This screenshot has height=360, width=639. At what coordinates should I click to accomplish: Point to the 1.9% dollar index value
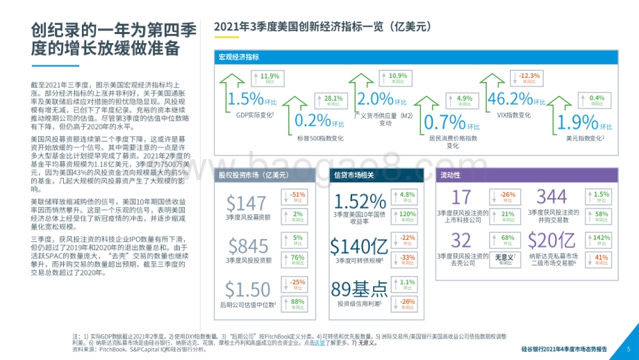tap(577, 122)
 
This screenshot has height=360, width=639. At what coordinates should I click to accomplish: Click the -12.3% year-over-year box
tap(530, 77)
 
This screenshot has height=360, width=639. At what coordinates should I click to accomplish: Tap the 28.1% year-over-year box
tap(333, 100)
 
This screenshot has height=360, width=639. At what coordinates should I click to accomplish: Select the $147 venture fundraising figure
tap(247, 203)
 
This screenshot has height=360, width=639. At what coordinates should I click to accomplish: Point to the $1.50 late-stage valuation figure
tap(248, 290)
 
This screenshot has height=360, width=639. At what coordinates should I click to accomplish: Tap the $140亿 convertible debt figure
tap(358, 246)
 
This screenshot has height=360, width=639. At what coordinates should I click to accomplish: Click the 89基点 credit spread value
tap(359, 289)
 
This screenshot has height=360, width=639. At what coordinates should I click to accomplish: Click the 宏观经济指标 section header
tap(239, 57)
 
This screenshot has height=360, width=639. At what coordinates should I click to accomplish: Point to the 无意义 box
tap(507, 259)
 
